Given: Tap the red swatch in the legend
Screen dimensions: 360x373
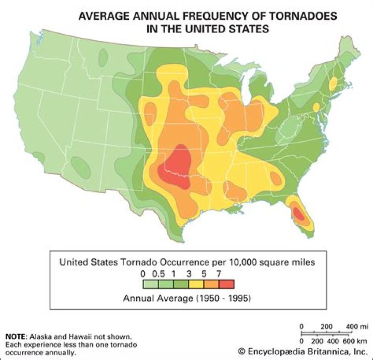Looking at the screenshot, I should pos(226,283).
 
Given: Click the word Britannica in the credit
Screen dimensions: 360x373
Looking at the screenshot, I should pos(316,351).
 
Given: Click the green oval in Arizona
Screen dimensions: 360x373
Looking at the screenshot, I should pos(80,166).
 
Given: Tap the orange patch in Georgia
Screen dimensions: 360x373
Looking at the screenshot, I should pos(276,178).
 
